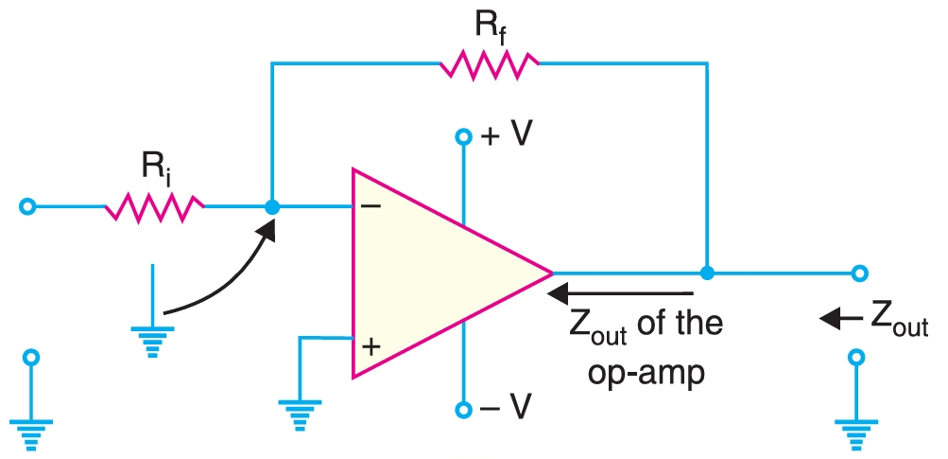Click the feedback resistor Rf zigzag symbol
(489, 64)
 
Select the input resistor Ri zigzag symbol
(154, 206)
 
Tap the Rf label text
(488, 25)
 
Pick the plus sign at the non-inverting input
(371, 346)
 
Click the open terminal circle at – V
(463, 409)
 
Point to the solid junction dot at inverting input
(272, 206)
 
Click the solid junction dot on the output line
(706, 274)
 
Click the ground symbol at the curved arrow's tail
(151, 337)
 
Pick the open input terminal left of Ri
(29, 206)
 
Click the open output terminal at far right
(858, 274)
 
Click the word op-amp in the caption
(646, 372)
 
